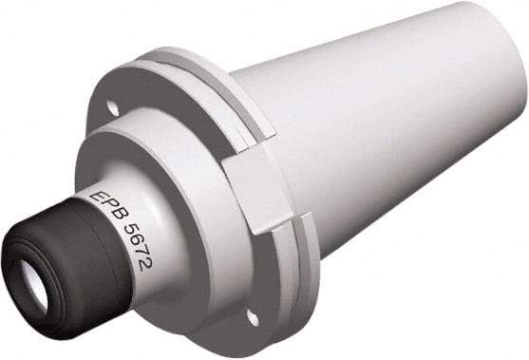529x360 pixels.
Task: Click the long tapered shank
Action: point(380,133)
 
